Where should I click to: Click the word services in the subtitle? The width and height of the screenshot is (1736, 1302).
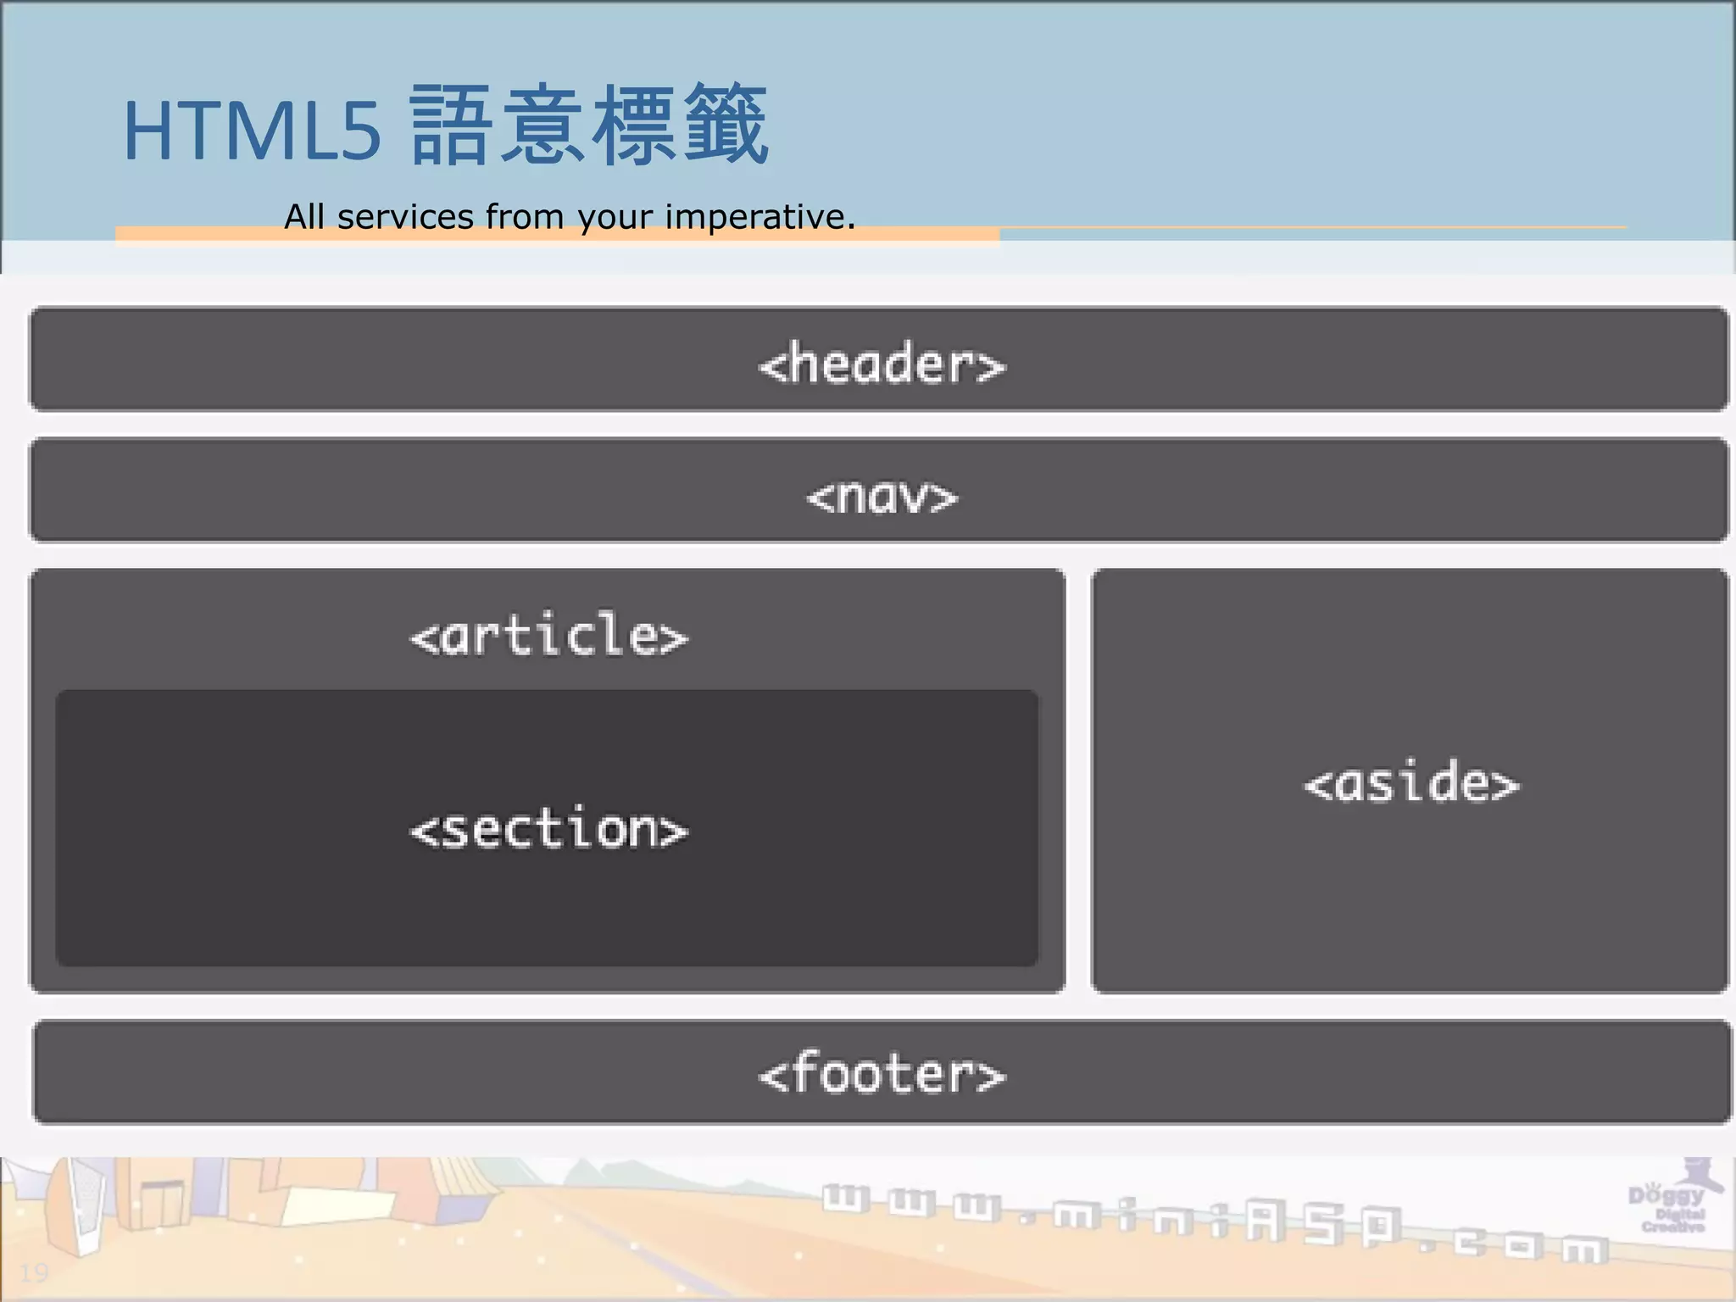click(x=405, y=217)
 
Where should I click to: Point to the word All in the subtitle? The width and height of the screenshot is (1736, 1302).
click(x=303, y=217)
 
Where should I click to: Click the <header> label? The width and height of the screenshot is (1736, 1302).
click(x=882, y=364)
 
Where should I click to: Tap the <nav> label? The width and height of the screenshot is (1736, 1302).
click(x=882, y=497)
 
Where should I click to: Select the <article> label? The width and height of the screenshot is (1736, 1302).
click(x=549, y=636)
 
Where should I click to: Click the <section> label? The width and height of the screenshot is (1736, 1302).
click(x=549, y=829)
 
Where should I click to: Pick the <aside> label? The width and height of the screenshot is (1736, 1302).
click(x=1411, y=783)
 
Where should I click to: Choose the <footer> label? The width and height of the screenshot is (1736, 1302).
click(x=882, y=1075)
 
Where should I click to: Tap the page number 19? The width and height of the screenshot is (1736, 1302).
click(x=34, y=1272)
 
